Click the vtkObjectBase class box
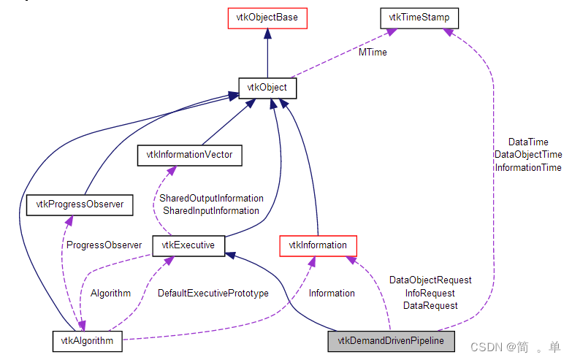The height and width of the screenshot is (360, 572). (267, 18)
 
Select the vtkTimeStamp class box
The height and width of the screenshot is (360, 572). (413, 18)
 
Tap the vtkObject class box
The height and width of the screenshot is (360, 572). (267, 88)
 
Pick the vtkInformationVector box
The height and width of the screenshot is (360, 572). (189, 154)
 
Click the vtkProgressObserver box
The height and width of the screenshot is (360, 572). (80, 205)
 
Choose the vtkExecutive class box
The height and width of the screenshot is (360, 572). (188, 245)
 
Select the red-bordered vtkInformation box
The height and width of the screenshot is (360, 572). (318, 245)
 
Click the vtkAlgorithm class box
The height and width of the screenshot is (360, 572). (88, 340)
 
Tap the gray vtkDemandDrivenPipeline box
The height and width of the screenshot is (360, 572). (395, 340)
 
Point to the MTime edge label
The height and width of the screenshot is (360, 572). (372, 53)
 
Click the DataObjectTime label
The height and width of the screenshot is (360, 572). (528, 155)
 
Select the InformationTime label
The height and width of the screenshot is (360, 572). (528, 168)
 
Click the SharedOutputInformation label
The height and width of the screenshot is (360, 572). (211, 198)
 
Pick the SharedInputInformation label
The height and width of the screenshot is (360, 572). (211, 210)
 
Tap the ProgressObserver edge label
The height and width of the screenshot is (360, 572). (103, 245)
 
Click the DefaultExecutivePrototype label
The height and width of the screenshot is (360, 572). (213, 294)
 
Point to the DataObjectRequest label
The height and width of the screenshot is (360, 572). (430, 280)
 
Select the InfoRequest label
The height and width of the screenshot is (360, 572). (430, 293)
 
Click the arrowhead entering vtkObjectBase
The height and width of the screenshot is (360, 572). (267, 34)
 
